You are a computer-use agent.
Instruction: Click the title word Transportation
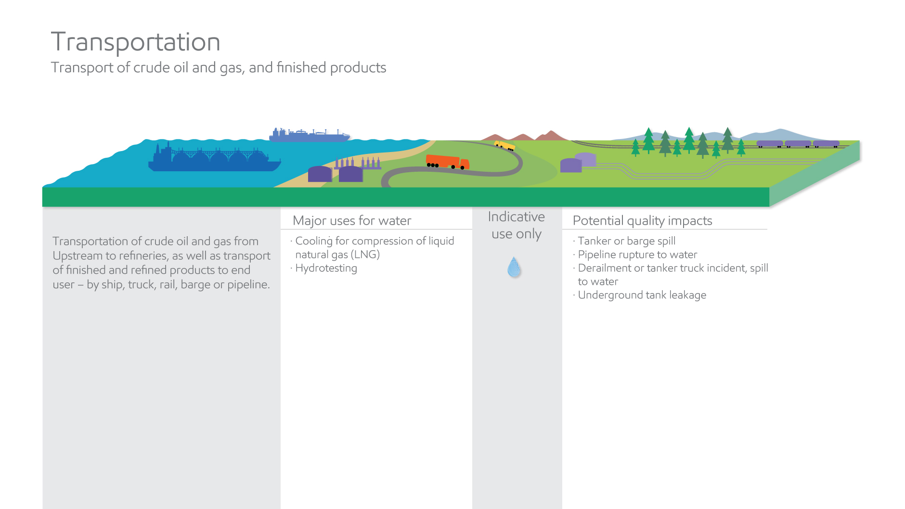(135, 42)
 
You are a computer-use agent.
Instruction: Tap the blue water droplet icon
(514, 267)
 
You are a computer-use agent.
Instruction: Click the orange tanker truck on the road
(447, 162)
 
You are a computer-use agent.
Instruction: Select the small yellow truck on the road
(504, 145)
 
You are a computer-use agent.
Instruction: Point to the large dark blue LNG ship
(214, 159)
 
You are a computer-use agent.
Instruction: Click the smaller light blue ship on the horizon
(309, 136)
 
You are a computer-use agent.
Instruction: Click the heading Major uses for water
(352, 220)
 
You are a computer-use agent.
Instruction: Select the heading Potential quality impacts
(642, 220)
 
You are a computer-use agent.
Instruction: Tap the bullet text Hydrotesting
(326, 268)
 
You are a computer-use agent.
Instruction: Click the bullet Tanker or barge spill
(626, 241)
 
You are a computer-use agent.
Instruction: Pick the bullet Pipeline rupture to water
(637, 254)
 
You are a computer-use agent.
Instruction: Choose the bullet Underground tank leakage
(642, 295)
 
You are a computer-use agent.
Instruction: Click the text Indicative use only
(516, 225)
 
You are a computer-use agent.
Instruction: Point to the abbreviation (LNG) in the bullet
(365, 254)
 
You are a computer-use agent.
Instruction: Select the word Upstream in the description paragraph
(77, 256)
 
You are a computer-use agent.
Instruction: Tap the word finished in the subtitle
(301, 67)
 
